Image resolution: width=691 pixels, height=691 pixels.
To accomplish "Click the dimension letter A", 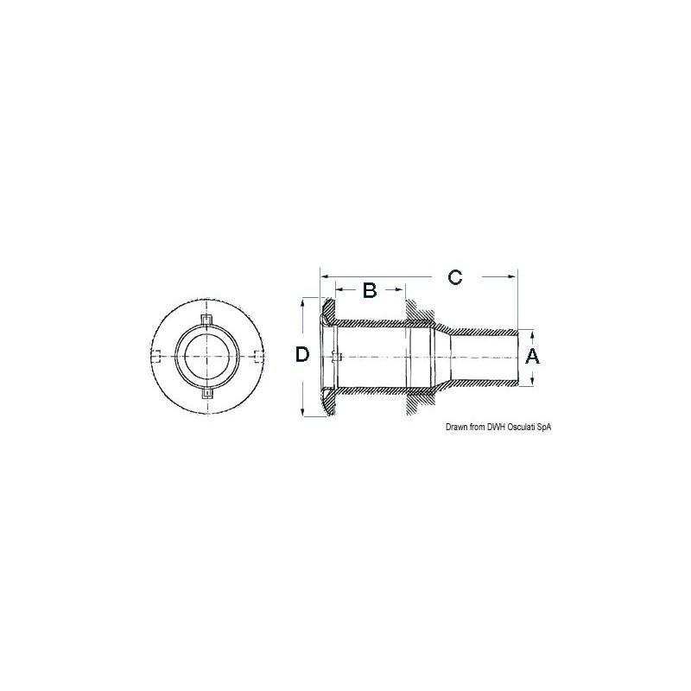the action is pyautogui.click(x=532, y=356).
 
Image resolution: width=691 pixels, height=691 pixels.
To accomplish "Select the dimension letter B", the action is pyautogui.click(x=370, y=290).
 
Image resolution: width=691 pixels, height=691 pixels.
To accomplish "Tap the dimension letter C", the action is pyautogui.click(x=455, y=276).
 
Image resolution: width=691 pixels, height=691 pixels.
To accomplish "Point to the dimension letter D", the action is pyautogui.click(x=302, y=354).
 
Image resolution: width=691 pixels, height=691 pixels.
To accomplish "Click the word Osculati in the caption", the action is pyautogui.click(x=522, y=427).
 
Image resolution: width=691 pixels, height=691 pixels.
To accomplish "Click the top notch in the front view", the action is pyautogui.click(x=206, y=320).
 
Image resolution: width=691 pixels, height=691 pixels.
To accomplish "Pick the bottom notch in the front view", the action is pyautogui.click(x=206, y=393).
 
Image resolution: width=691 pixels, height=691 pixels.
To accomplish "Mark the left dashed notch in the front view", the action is pyautogui.click(x=155, y=356).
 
